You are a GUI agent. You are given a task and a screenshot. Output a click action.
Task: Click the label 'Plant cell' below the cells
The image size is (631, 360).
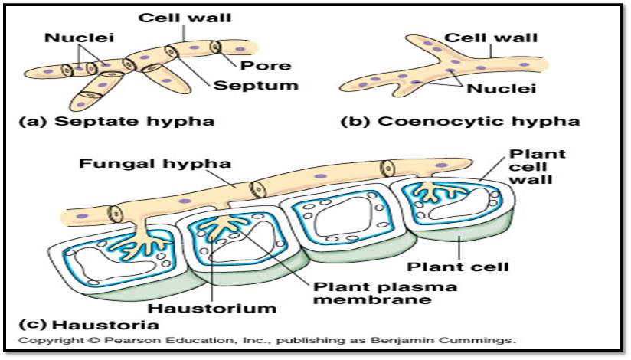(457, 267)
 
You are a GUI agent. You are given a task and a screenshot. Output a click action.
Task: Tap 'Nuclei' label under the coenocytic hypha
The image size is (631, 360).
(502, 89)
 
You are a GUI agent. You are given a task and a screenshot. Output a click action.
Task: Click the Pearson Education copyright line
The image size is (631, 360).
(267, 339)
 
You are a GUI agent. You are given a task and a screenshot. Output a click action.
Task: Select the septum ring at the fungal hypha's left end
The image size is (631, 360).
(116, 214)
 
